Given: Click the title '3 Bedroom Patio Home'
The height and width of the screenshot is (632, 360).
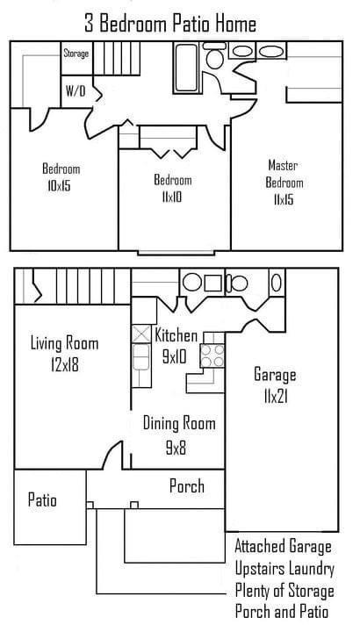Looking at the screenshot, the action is tap(170, 23).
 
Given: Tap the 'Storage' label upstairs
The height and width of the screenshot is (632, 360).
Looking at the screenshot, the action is tap(76, 54).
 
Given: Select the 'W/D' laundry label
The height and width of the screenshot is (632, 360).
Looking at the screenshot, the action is tap(76, 91).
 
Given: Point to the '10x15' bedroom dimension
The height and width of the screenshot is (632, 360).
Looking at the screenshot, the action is tap(59, 186).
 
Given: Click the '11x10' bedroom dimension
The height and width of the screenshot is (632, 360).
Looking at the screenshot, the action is tap(172, 197).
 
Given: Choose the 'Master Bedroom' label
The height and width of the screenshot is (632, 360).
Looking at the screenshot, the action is tap(284, 174).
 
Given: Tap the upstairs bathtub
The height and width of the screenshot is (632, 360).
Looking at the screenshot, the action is tap(186, 68).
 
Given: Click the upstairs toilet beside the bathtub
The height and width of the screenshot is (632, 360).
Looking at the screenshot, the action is tap(214, 55).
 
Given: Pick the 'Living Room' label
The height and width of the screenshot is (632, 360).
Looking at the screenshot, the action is tap(64, 344).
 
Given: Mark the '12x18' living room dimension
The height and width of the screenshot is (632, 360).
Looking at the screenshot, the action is tap(65, 365).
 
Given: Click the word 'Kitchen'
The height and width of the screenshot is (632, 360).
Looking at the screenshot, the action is tap(176, 335).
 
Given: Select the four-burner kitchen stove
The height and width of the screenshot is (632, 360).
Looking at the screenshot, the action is tap(212, 355).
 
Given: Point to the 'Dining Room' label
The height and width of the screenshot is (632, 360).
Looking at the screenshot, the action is tap(179, 423).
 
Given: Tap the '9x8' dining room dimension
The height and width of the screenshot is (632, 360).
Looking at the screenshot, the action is tap(176, 448).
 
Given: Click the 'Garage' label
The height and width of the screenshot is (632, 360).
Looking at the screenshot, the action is tap(275, 376).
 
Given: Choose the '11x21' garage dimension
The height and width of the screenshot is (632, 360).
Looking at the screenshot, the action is tap(276, 397).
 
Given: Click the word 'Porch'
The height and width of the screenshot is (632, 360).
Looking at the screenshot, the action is tap(187, 486).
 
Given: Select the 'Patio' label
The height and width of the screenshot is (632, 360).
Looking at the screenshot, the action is tap(42, 500).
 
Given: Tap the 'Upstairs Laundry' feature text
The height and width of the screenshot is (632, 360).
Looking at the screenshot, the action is tap(284, 569).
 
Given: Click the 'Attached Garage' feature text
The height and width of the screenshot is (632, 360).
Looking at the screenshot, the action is tap(284, 547).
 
